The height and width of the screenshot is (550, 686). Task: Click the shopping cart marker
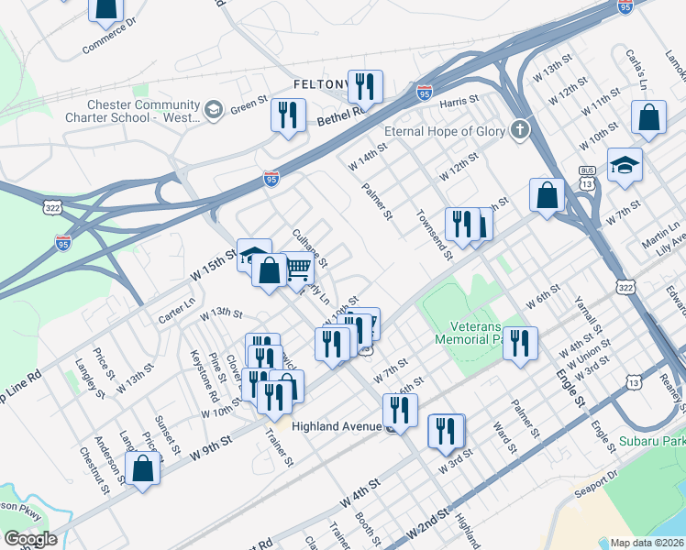(x=299, y=268)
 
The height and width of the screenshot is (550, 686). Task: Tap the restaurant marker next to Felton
(x=365, y=87)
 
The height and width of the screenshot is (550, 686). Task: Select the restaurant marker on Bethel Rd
(x=288, y=115)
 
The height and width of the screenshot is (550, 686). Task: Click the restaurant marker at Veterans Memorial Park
(x=520, y=344)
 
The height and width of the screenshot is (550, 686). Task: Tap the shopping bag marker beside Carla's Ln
(x=648, y=118)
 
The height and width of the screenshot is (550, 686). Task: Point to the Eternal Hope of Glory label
(x=445, y=131)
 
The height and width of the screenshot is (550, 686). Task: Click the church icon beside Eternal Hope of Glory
(x=521, y=129)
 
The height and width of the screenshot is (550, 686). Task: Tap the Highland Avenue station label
(x=336, y=426)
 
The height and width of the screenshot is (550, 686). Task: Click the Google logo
(x=30, y=539)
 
